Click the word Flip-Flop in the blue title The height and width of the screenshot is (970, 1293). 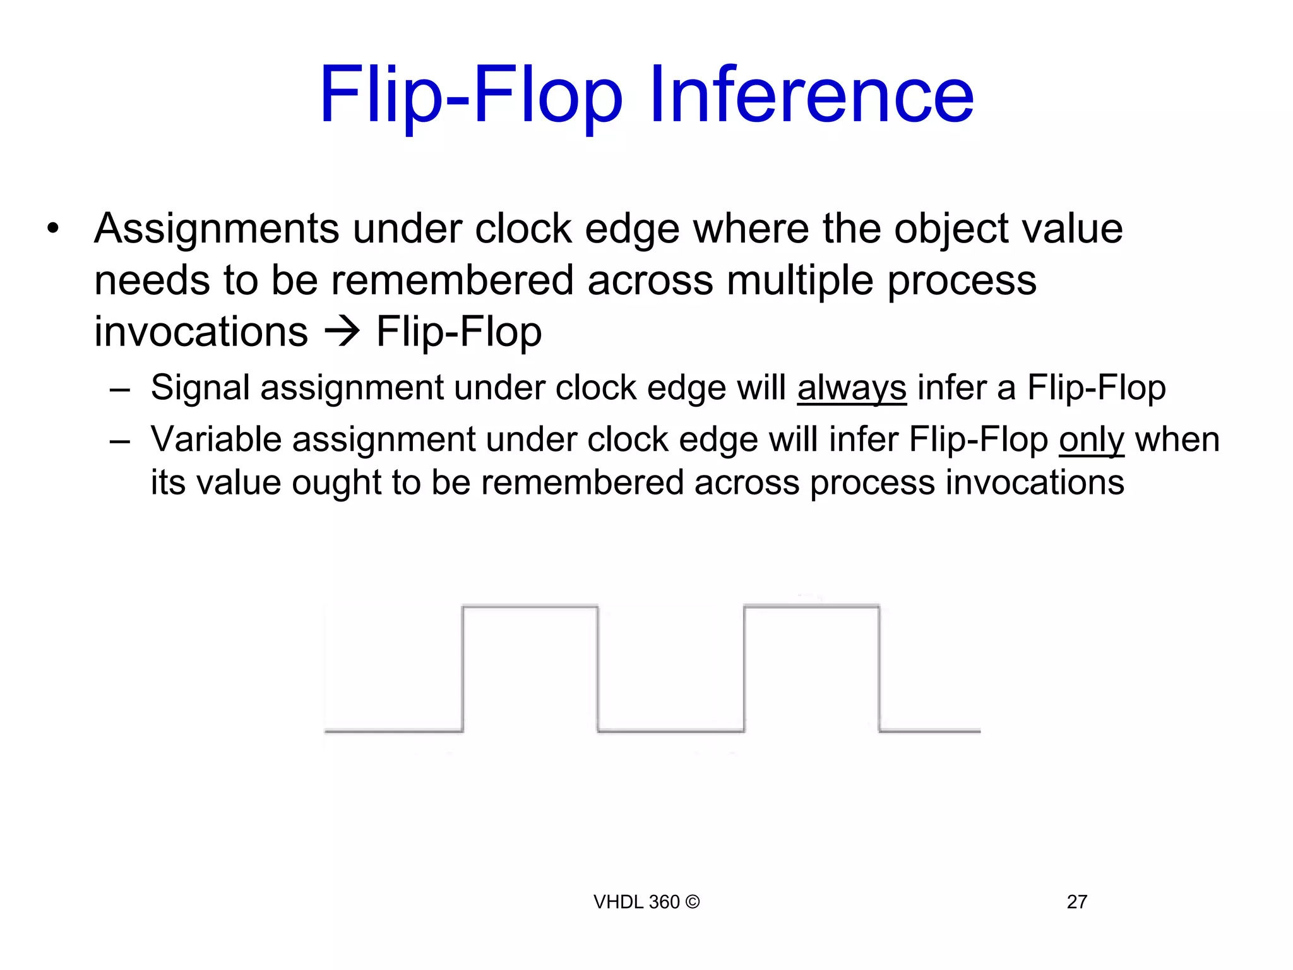471,96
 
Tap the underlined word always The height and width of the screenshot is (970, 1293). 852,387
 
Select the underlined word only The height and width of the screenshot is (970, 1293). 1092,440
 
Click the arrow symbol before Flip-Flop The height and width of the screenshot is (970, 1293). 342,332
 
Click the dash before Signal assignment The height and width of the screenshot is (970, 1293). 119,389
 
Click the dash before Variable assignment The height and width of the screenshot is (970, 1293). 119,441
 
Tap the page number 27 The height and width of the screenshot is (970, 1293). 1076,902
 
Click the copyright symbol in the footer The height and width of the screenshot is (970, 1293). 692,902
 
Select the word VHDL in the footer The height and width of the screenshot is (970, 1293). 619,902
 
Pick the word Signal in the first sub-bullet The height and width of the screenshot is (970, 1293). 200,387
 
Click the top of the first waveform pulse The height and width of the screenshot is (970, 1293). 530,607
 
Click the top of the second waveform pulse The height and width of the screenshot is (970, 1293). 812,607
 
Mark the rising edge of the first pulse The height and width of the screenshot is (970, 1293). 463,669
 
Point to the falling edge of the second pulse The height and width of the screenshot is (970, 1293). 879,669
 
